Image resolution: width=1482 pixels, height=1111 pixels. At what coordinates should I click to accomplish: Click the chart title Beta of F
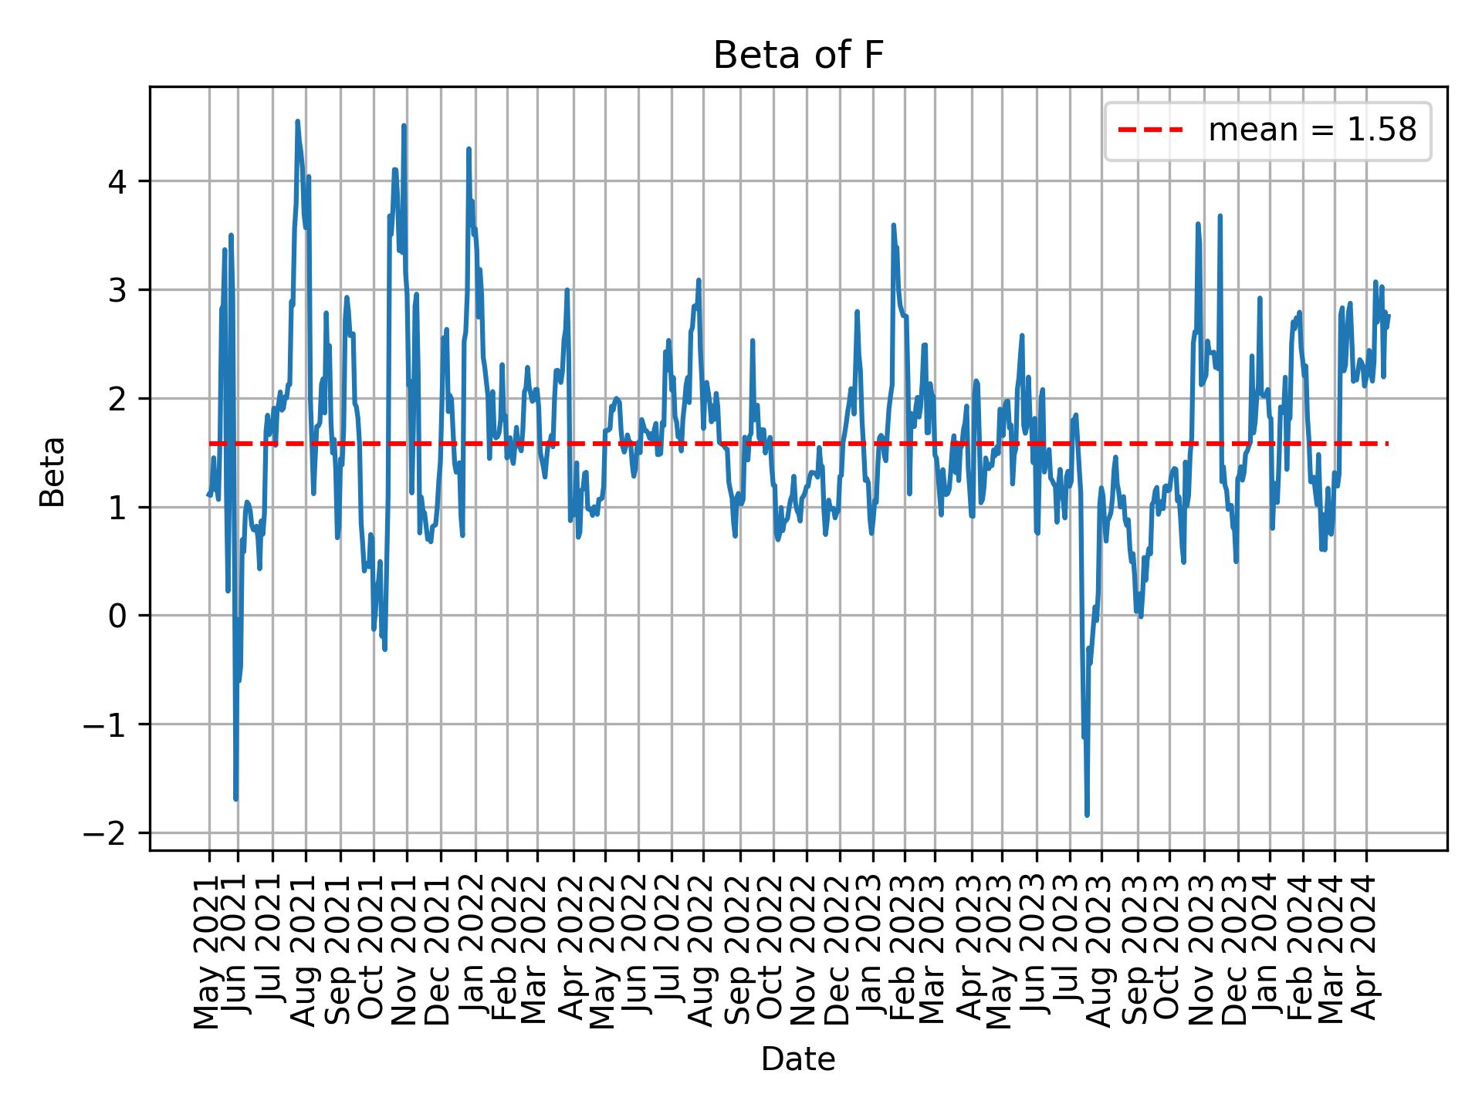pyautogui.click(x=797, y=56)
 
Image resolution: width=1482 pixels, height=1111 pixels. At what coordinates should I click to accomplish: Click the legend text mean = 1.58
pyautogui.click(x=1311, y=130)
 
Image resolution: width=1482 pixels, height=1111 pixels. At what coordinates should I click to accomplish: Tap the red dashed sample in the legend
pyautogui.click(x=1150, y=130)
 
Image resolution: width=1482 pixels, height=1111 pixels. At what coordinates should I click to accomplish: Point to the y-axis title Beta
pyautogui.click(x=52, y=471)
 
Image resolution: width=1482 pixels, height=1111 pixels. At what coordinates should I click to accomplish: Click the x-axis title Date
pyautogui.click(x=797, y=1059)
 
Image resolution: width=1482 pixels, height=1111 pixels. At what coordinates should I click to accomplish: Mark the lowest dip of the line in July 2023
pyautogui.click(x=1087, y=815)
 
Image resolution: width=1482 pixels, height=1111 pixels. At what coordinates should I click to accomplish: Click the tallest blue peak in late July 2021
pyautogui.click(x=297, y=121)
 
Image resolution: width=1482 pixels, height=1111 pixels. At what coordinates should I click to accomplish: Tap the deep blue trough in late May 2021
pyautogui.click(x=235, y=799)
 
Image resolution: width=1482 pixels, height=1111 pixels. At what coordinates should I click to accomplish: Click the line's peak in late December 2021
pyautogui.click(x=469, y=149)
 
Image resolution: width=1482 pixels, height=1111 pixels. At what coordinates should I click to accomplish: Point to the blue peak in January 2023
pyautogui.click(x=893, y=225)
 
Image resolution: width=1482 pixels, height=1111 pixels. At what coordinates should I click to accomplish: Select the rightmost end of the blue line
pyautogui.click(x=1389, y=315)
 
